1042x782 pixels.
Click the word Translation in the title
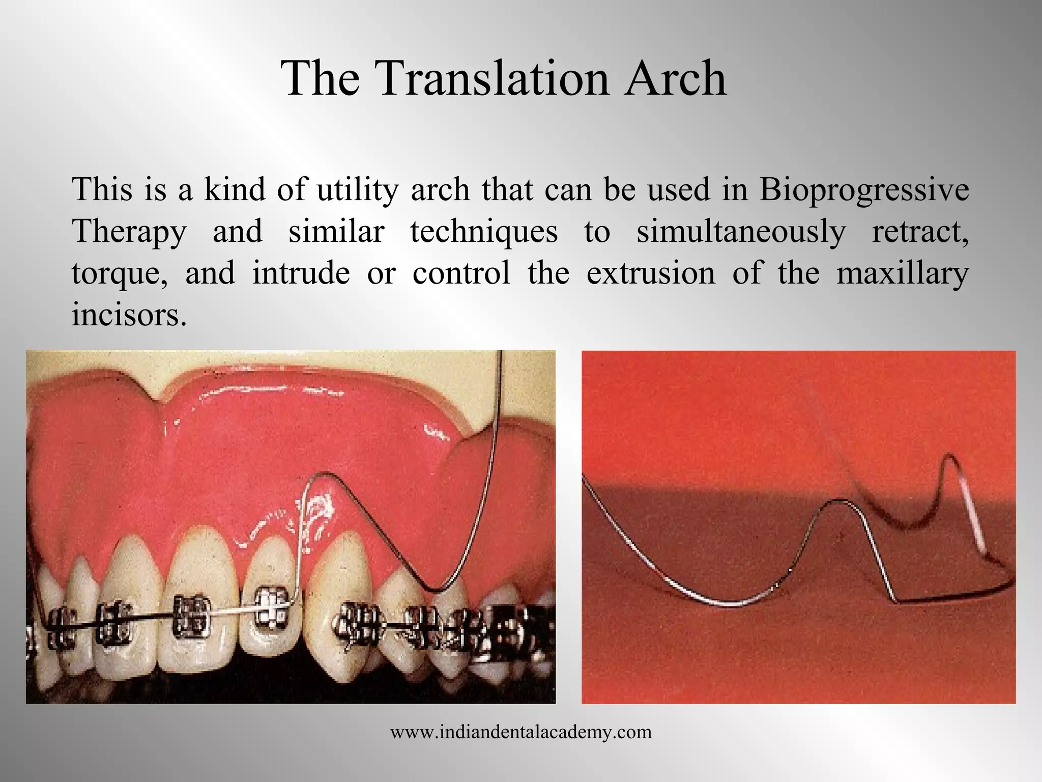[x=493, y=79]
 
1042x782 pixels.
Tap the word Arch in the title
[x=676, y=79]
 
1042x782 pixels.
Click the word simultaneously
[x=741, y=232]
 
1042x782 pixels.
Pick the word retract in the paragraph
[x=920, y=232]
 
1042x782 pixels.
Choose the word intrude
[x=301, y=273]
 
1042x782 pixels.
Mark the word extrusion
[x=651, y=273]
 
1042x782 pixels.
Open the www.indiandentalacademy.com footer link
[x=521, y=732]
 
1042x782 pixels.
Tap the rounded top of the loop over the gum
[x=323, y=476]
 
